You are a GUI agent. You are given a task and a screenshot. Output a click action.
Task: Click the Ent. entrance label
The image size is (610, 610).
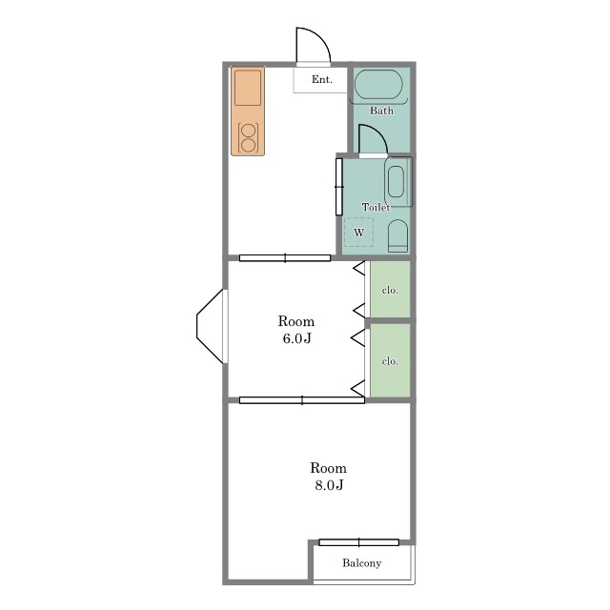point(322,79)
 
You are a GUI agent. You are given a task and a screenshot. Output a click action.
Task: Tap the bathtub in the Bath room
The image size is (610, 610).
point(378,84)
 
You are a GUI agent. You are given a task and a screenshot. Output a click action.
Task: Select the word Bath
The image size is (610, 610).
point(381,111)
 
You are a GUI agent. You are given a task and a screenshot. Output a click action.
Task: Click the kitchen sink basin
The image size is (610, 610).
point(248,88)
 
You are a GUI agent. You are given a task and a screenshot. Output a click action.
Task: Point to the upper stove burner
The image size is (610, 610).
point(248,130)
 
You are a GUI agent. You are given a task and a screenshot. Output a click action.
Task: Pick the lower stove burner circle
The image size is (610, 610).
point(248,146)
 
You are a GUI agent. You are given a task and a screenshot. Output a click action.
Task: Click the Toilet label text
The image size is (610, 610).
point(376,208)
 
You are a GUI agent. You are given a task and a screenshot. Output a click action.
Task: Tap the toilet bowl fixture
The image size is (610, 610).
point(397,235)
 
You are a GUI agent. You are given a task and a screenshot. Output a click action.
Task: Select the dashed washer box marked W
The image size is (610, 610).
point(358,232)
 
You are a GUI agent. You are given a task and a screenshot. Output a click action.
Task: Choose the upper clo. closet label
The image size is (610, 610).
point(390,290)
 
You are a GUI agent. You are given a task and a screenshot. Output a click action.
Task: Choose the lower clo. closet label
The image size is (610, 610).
point(390,361)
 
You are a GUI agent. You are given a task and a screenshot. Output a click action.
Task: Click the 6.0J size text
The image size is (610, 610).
point(296,338)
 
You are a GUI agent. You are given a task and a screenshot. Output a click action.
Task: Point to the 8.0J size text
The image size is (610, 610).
point(329,485)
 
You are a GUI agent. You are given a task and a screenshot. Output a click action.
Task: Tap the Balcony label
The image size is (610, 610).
point(362,563)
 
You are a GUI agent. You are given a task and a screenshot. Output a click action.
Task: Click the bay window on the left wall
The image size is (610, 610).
point(212,326)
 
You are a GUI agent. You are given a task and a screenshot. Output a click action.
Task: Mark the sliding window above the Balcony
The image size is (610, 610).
point(358,542)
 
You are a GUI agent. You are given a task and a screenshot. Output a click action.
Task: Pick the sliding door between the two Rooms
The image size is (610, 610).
point(302,400)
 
